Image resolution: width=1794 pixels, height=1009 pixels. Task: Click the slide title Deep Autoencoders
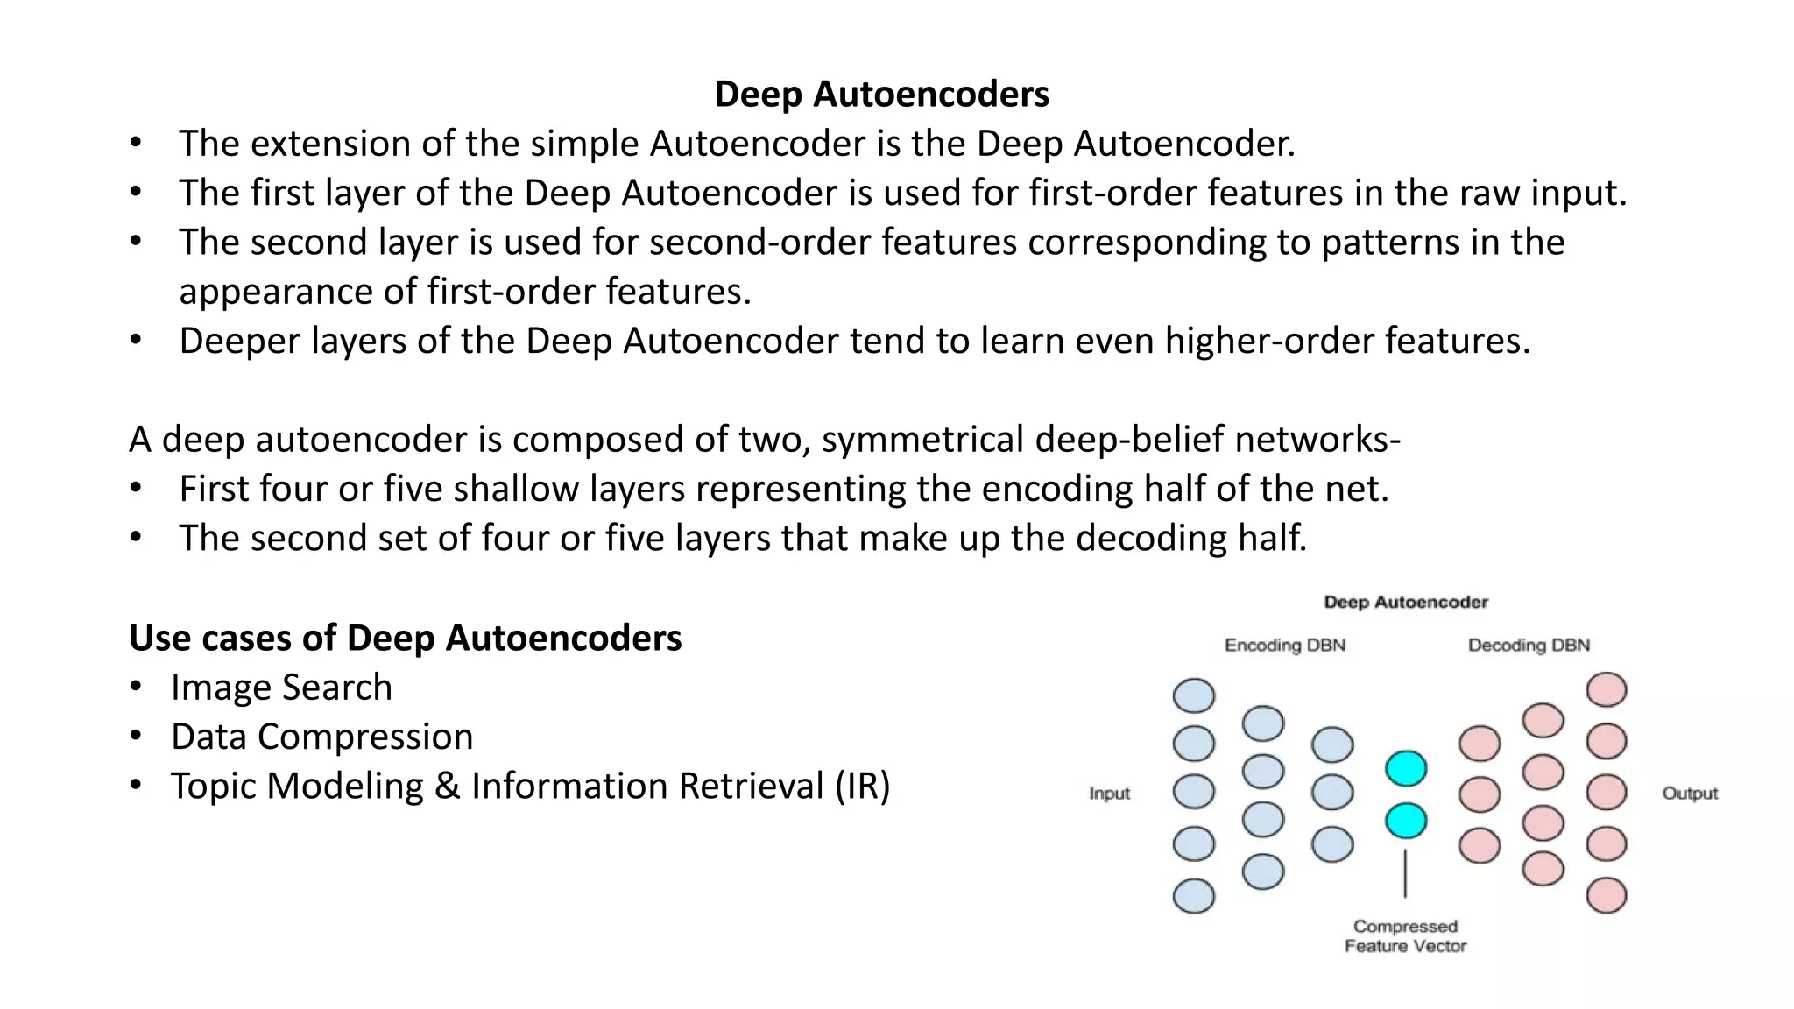(x=881, y=94)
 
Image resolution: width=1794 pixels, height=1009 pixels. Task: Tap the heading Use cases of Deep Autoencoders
(x=405, y=638)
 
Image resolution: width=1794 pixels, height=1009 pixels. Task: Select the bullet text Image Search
(x=281, y=688)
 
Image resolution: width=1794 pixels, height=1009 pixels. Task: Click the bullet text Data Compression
(x=321, y=737)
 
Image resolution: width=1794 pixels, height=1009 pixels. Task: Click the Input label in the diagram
(x=1109, y=793)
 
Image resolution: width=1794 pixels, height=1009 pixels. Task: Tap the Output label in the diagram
(x=1690, y=793)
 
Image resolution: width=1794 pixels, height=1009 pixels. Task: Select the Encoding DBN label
(x=1284, y=646)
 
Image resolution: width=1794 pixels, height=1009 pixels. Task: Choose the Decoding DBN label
(x=1529, y=646)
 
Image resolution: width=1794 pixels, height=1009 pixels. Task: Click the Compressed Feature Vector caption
(x=1405, y=935)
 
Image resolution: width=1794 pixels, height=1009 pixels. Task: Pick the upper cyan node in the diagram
(x=1406, y=768)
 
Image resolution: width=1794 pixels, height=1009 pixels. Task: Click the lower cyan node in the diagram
(x=1406, y=821)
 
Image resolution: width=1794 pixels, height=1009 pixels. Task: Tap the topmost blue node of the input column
(x=1194, y=695)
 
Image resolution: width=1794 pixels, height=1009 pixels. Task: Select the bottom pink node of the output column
(x=1607, y=896)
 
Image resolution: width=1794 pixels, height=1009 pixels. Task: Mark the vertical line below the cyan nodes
(x=1405, y=873)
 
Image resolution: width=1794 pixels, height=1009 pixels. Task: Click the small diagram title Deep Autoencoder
(x=1405, y=602)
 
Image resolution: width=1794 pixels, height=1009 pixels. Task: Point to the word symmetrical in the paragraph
(x=922, y=440)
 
